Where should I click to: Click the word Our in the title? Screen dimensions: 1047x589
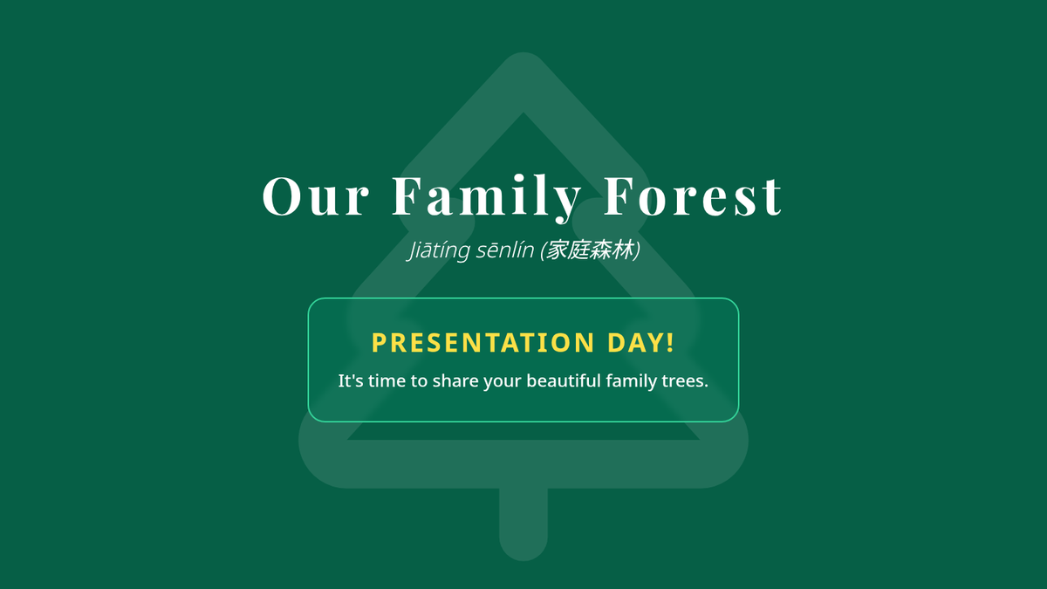pyautogui.click(x=316, y=195)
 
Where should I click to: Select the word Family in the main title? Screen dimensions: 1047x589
pyautogui.click(x=487, y=198)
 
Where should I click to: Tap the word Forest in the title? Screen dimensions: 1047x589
pyautogui.click(x=693, y=195)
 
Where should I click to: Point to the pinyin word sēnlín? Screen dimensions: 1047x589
pyautogui.click(x=505, y=250)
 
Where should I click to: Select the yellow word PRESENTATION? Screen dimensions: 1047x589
pyautogui.click(x=482, y=343)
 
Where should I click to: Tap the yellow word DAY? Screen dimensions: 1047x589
pyautogui.click(x=640, y=342)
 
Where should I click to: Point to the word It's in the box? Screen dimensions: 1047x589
pyautogui.click(x=351, y=380)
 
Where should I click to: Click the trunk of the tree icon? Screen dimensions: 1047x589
pyautogui.click(x=523, y=524)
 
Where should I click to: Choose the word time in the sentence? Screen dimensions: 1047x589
pyautogui.click(x=387, y=380)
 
